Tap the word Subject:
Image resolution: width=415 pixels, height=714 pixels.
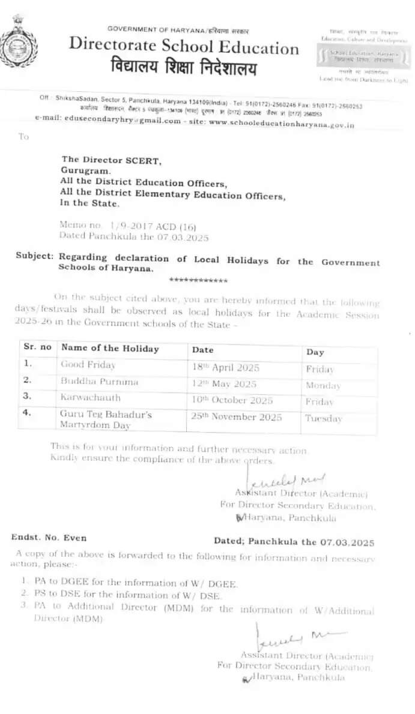[x=35, y=256]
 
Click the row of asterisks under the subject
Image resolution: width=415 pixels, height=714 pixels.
[x=198, y=280]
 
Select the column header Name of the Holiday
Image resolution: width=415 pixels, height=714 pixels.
[x=110, y=348]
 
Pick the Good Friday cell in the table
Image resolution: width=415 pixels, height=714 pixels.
[x=88, y=364]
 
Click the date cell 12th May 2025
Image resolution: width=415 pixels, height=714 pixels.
[x=224, y=383]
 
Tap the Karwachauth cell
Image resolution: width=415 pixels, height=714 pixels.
[x=91, y=397]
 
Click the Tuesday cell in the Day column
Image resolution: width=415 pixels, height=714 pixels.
[x=323, y=419]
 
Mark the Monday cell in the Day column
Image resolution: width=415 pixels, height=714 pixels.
[x=323, y=386]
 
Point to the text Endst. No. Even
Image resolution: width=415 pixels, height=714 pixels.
[x=49, y=538]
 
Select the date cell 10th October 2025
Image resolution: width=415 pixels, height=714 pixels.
[x=232, y=400]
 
